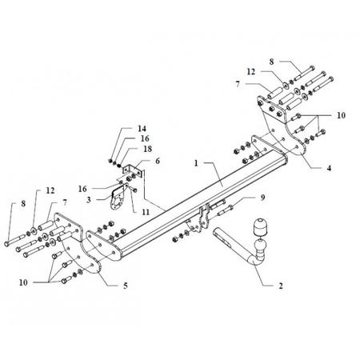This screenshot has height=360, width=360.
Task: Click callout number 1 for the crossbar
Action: click(196, 163)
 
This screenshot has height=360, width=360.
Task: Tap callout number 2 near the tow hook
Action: click(281, 286)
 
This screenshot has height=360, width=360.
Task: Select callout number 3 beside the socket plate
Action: click(89, 199)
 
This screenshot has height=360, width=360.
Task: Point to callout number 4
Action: click(329, 168)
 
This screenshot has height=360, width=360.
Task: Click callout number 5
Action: click(125, 286)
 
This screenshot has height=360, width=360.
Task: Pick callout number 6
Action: click(158, 161)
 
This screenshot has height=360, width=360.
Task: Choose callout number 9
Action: click(262, 198)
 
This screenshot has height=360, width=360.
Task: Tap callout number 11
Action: click(146, 212)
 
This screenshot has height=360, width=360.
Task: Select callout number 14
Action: click(142, 129)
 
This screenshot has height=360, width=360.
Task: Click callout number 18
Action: click(147, 149)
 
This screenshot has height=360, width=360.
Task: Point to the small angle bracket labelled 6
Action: click(132, 171)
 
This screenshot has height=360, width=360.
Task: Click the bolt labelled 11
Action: click(133, 189)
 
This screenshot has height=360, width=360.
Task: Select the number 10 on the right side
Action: click(341, 115)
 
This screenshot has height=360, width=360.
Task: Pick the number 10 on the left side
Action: click(23, 282)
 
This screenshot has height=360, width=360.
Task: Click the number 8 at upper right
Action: click(271, 62)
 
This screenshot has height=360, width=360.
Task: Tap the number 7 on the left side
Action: click(65, 202)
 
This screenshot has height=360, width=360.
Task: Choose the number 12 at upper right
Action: click(251, 72)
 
